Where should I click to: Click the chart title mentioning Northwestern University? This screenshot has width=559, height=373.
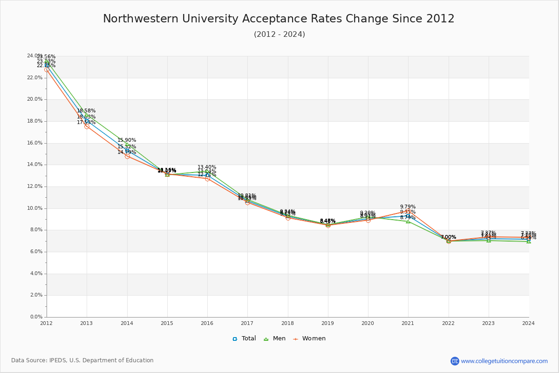(279, 19)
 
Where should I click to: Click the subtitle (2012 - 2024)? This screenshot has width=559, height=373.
(279, 35)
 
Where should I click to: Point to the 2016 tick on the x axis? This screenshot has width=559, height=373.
(207, 323)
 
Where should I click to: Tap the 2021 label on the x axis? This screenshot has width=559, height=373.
(408, 323)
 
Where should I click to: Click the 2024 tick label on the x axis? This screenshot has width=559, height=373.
(528, 323)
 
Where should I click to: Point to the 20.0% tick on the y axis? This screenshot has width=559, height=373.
(35, 99)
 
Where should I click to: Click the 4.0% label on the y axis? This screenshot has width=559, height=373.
(36, 274)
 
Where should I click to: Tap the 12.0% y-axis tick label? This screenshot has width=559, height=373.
(35, 186)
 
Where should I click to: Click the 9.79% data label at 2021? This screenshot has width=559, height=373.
(408, 207)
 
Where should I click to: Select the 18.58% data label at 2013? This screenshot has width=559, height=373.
(86, 111)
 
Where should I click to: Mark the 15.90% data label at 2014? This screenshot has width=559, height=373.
(127, 140)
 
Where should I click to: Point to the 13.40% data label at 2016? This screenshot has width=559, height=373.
(207, 167)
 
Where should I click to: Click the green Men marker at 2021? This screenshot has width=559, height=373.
(408, 221)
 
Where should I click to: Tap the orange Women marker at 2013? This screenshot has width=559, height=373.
(87, 126)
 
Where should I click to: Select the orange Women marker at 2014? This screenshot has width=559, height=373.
(127, 156)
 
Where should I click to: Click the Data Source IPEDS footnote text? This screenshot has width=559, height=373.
(82, 360)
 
